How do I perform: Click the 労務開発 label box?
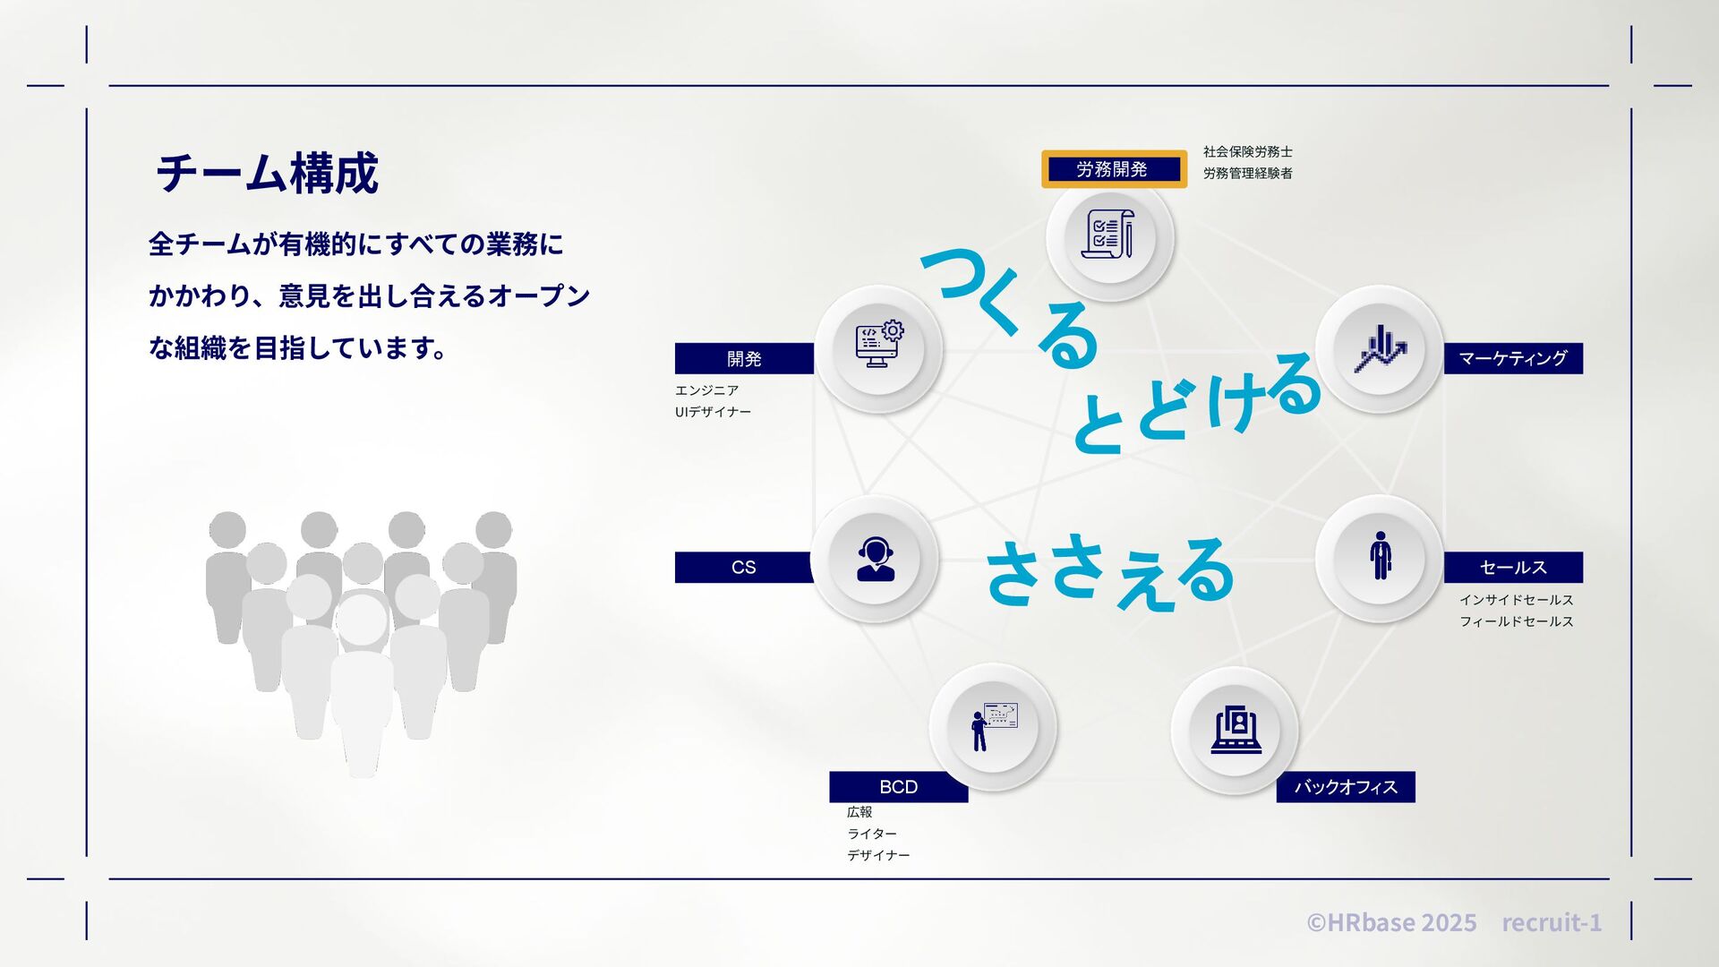tap(1114, 169)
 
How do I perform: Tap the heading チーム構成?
tap(267, 174)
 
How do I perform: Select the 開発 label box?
tap(744, 358)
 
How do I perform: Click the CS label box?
tap(743, 567)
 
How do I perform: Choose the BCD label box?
tap(898, 786)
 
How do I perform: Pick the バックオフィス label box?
tap(1345, 786)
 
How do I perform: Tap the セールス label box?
tap(1513, 567)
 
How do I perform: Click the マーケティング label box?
tap(1513, 358)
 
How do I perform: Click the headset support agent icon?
tap(875, 560)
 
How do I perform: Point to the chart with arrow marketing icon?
tap(1380, 349)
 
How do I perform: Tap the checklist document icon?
tap(1110, 235)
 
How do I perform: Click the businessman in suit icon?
tap(1380, 557)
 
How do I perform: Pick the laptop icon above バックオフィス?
tap(1236, 730)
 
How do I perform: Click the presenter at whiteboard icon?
tap(994, 726)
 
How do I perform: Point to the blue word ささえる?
tap(1110, 573)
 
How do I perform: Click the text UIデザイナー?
tap(713, 412)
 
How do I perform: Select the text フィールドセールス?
tap(1516, 621)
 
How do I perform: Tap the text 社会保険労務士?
tap(1247, 152)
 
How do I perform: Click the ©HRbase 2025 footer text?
tap(1391, 922)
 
